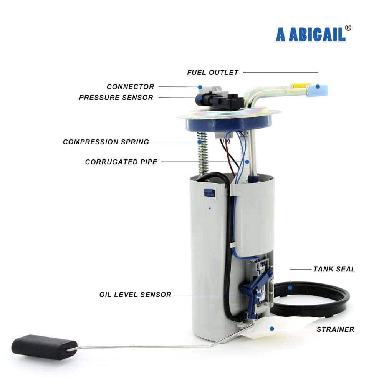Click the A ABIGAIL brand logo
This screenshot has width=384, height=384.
[x=311, y=35]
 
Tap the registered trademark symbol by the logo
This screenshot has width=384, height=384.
[x=348, y=28]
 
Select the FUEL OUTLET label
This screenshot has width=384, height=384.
[x=213, y=73]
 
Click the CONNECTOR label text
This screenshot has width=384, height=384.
[x=130, y=87]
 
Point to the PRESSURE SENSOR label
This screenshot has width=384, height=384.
[x=116, y=98]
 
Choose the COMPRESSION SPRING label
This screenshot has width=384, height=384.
[x=106, y=142]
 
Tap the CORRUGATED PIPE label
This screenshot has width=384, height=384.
[x=121, y=162]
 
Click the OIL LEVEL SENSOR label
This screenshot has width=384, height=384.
[x=135, y=295]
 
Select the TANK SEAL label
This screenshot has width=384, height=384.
[x=334, y=270]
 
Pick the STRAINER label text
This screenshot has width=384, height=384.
[x=336, y=329]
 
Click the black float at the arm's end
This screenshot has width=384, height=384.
[x=44, y=347]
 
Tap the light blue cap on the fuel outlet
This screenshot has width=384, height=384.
[x=318, y=90]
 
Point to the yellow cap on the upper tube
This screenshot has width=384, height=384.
[x=299, y=86]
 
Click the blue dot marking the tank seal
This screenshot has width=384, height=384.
[x=290, y=288]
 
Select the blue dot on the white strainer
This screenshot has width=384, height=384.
[x=272, y=329]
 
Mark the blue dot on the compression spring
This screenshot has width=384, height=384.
[x=200, y=142]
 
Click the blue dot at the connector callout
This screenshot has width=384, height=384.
[x=200, y=87]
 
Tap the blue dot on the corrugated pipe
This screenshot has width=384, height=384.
[x=247, y=162]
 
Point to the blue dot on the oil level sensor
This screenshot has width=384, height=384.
[x=259, y=295]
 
